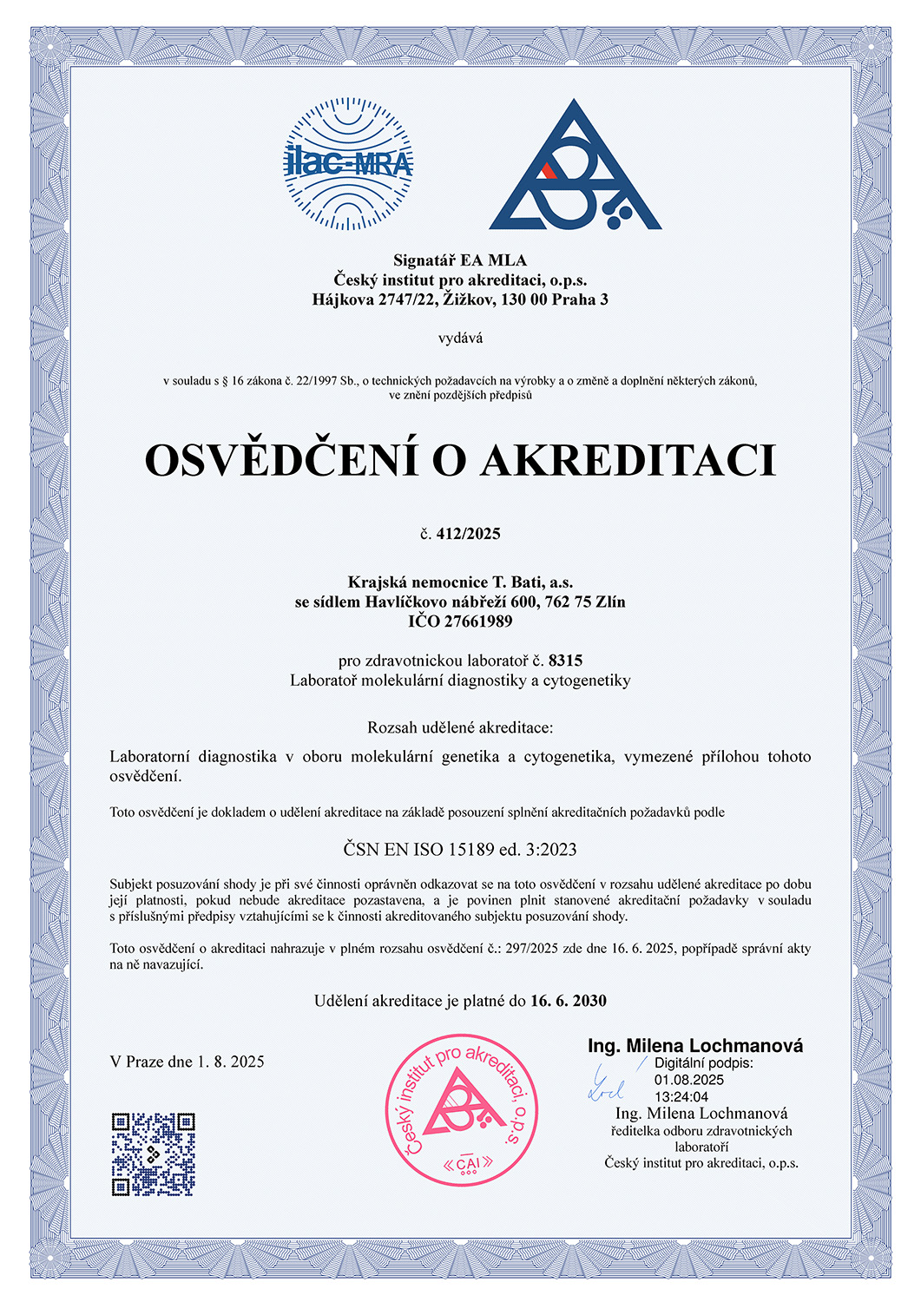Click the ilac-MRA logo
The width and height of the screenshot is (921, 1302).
[349, 163]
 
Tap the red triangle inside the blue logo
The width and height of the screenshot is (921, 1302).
[548, 169]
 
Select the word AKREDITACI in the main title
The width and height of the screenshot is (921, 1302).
[628, 460]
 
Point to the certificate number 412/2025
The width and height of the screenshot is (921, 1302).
[468, 534]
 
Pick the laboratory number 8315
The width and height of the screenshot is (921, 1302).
[565, 661]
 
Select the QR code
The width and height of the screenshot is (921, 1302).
[153, 1154]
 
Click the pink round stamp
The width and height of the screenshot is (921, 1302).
[460, 1108]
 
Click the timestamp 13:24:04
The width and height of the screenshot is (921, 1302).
[681, 1097]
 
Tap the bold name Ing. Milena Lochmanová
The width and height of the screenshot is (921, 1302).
[694, 1046]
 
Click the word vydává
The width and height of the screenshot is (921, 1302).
[460, 339]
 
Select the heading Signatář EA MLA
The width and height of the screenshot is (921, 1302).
[459, 260]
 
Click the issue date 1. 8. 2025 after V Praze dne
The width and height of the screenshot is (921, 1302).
[230, 1062]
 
